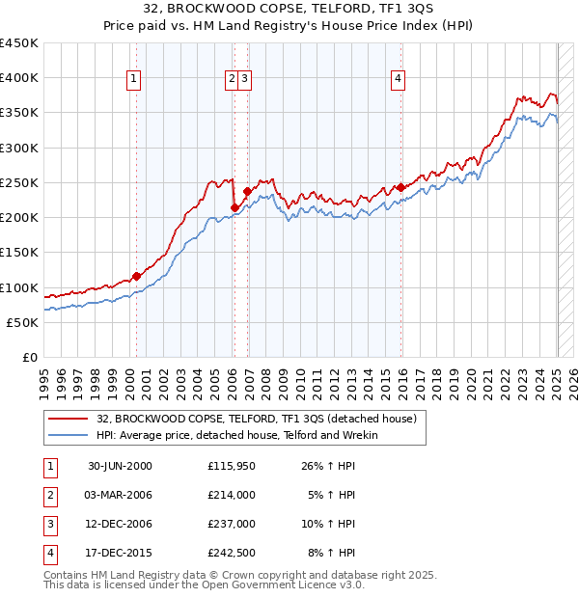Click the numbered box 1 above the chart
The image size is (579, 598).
point(132,80)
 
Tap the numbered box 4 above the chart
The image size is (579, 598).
point(398,80)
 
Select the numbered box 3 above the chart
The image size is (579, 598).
point(245,80)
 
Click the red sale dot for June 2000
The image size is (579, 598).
point(136,276)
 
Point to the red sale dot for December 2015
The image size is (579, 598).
point(400,188)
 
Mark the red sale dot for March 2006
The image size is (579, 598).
point(234,207)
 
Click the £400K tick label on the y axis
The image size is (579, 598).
point(19,78)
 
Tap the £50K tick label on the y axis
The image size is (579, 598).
point(23,322)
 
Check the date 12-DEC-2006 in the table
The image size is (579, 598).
point(120,524)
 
